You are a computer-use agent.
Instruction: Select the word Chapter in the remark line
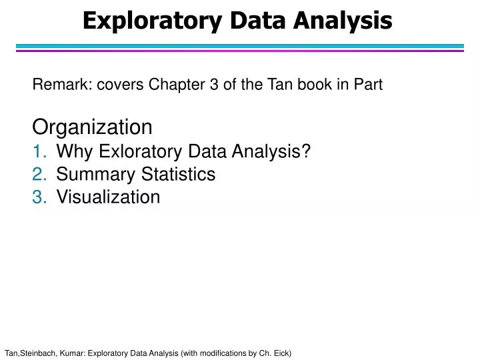172,85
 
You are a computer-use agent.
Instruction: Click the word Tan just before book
283,85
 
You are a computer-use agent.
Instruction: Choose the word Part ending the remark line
368,85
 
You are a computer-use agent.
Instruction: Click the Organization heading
93,127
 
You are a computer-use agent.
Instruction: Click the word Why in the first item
72,152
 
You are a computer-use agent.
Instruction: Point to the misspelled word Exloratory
132,152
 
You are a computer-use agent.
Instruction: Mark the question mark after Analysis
307,152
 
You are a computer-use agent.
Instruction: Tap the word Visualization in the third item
108,197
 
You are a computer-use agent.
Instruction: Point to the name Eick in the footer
280,352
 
